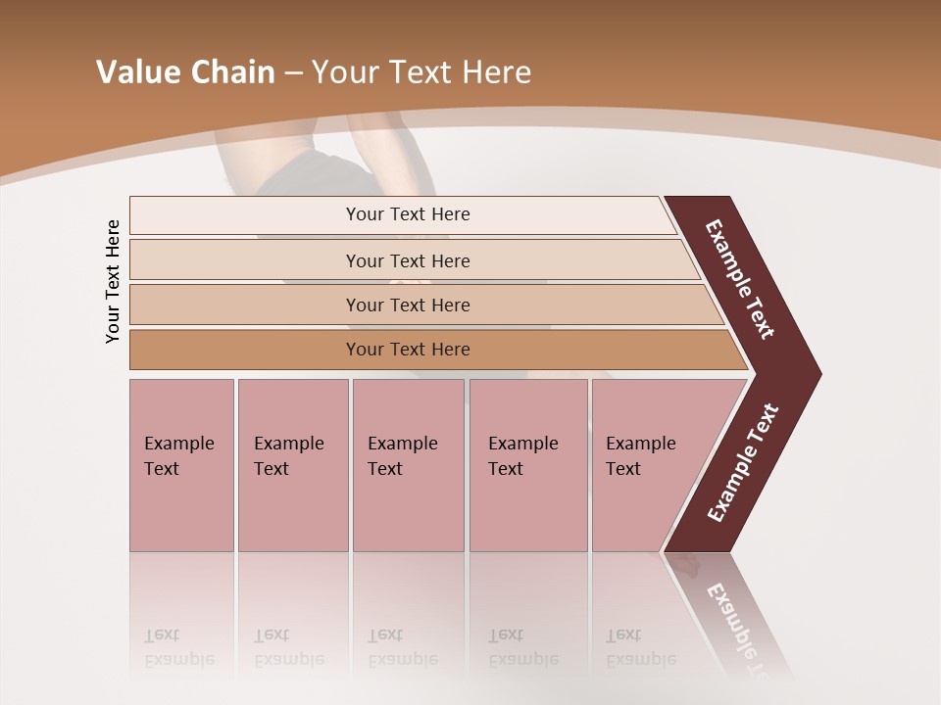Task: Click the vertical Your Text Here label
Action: [x=113, y=281]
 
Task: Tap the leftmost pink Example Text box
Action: [x=181, y=465]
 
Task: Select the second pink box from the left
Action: [x=292, y=465]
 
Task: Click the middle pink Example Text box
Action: [x=408, y=465]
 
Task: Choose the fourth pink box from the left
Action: [x=527, y=465]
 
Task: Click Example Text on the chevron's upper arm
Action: [x=741, y=279]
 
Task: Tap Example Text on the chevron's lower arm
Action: [x=743, y=462]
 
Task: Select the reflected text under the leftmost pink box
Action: [x=178, y=647]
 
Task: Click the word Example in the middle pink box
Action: [x=402, y=444]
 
